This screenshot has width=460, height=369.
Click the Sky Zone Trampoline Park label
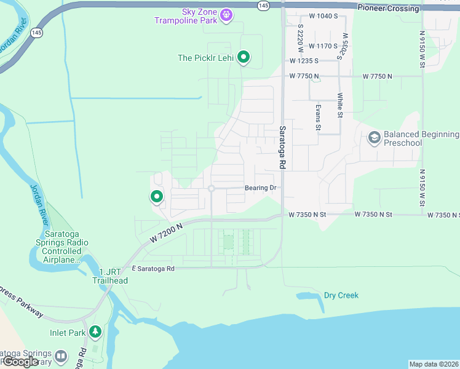[x=187, y=15]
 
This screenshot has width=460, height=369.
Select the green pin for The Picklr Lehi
[x=244, y=57]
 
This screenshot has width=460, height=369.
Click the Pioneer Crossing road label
[x=388, y=9]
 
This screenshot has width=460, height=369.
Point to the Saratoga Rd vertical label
[x=283, y=148]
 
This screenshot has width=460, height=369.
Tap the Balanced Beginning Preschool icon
[x=373, y=138]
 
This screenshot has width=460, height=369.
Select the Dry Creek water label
[x=341, y=295]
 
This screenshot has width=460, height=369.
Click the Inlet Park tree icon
[x=95, y=332]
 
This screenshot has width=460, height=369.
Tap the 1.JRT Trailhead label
[x=110, y=276]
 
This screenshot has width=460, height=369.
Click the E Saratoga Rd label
[x=153, y=268]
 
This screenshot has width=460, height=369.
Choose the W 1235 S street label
[x=304, y=61]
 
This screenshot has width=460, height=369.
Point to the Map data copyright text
[x=434, y=364]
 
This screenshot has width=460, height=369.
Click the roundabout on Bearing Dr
[x=211, y=188]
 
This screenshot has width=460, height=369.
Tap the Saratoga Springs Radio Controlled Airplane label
[x=65, y=247]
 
